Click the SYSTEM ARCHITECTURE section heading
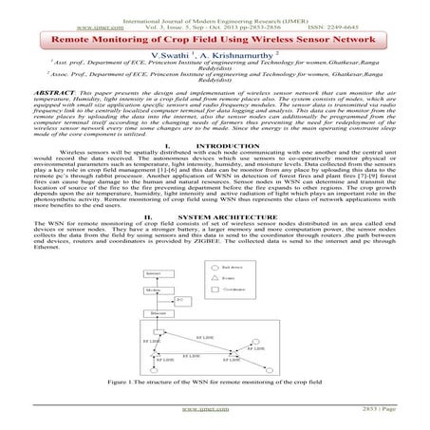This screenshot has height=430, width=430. point(224,241)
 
